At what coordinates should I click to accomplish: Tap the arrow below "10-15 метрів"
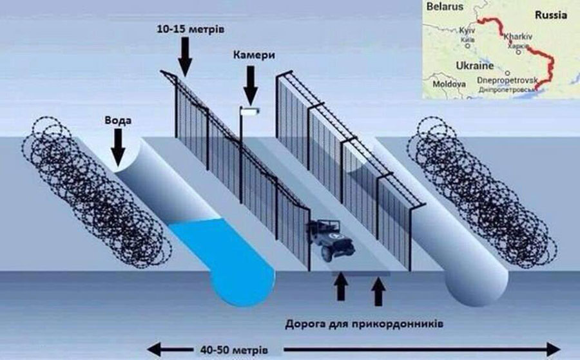pyautogui.click(x=186, y=55)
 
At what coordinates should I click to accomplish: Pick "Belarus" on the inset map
pyautogui.click(x=445, y=8)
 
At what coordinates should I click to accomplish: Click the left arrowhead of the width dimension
pyautogui.click(x=152, y=350)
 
